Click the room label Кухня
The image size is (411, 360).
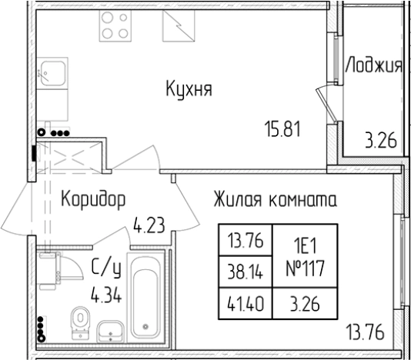[189, 90]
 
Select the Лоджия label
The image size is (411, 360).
[373, 65]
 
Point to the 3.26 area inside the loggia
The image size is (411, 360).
[380, 140]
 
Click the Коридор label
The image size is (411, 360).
[92, 201]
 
